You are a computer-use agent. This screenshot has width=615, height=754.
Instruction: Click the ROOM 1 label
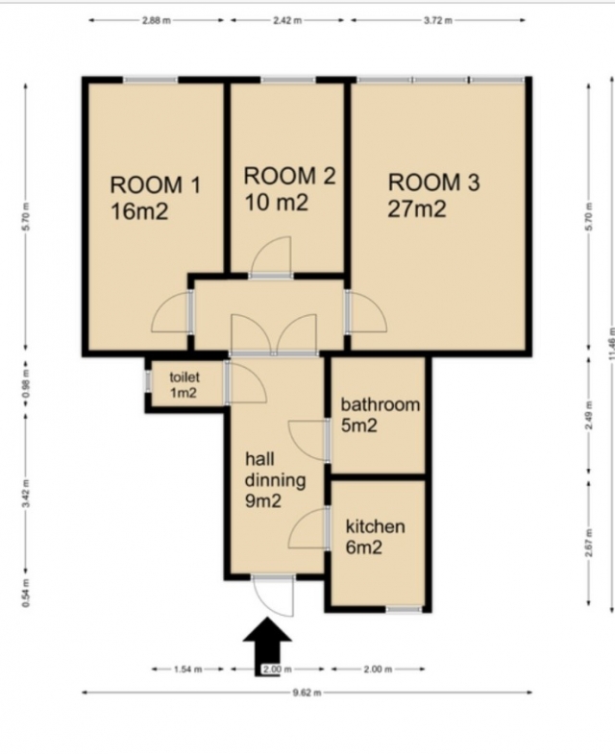point(155,185)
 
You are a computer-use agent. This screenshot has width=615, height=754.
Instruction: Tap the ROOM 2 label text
point(289,176)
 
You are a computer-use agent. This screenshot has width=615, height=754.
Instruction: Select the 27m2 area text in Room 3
point(417,208)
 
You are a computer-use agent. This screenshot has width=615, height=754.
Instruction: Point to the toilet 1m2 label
point(184,385)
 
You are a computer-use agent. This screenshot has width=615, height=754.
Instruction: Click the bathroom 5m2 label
point(381,415)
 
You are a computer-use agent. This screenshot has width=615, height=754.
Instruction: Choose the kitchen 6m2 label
point(376,537)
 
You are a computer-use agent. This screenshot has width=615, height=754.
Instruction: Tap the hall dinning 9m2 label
point(275,480)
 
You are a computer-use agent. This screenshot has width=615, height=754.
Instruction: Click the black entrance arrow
point(267,646)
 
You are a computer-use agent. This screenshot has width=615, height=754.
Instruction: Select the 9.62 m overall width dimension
point(307,693)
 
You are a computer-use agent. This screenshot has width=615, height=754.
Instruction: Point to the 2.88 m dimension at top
point(157,21)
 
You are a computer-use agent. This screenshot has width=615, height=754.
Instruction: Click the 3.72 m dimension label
point(438,21)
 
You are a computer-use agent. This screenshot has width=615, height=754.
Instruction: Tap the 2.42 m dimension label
point(287,21)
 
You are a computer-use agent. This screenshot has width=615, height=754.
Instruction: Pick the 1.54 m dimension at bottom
point(187,669)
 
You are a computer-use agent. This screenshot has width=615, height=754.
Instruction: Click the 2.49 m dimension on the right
point(589,416)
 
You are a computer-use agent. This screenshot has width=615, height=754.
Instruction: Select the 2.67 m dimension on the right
point(589,543)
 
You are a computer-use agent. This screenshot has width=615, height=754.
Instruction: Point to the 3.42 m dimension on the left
point(27,493)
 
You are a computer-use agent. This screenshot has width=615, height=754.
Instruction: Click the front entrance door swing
point(273,596)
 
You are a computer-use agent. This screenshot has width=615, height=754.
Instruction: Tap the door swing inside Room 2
point(271,256)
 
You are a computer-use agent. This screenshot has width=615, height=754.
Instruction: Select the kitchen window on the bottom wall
point(405,609)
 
